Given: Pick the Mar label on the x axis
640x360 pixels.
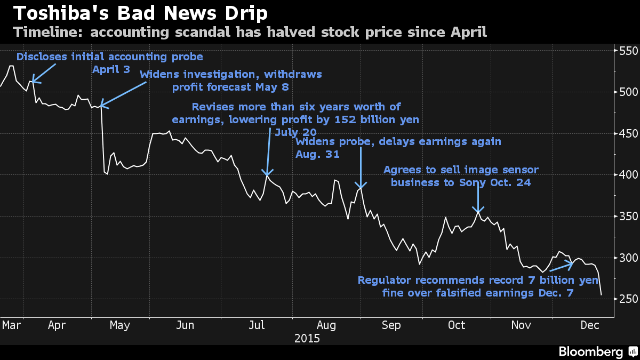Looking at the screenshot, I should point(12,325).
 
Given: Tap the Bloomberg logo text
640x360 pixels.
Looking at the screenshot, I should point(590,351).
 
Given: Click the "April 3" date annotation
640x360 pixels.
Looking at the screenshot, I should point(111,69).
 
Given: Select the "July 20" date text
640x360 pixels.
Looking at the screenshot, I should point(295,132).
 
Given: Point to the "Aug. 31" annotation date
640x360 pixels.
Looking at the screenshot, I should point(318,154).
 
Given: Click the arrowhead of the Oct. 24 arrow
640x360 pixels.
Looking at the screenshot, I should point(478,212).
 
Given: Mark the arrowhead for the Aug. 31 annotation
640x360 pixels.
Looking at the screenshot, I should point(361,187).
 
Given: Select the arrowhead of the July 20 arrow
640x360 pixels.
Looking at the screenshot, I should point(267,174).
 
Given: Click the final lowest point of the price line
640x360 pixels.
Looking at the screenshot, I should point(601,294).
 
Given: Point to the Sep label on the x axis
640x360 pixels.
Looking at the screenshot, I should point(391,325).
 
